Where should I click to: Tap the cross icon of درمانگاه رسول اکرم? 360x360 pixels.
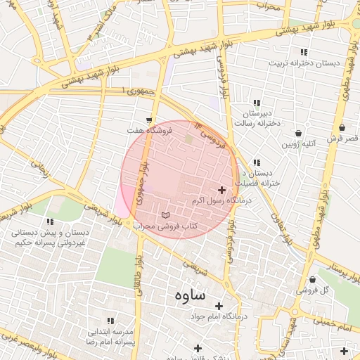[222, 190]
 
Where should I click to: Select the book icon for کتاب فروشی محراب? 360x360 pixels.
[166, 214]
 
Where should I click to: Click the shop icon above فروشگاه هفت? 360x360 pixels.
[149, 120]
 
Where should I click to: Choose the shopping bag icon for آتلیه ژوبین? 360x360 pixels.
[299, 133]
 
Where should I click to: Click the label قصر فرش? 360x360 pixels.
[343, 139]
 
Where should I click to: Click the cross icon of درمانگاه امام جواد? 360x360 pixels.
[219, 306]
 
